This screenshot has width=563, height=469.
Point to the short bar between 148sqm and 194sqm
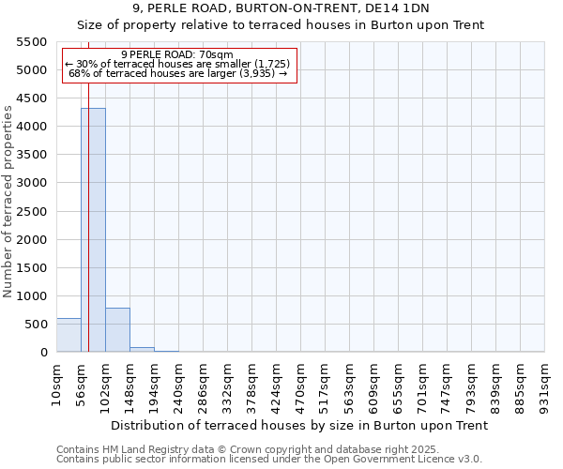pyautogui.click(x=142, y=349)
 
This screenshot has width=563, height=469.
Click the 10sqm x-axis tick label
pyautogui.click(x=56, y=383)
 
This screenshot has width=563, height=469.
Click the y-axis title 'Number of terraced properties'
pyautogui.click(x=8, y=202)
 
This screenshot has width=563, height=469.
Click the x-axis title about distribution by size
pyautogui.click(x=299, y=425)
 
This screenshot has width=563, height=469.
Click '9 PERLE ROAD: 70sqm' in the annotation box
pyautogui.click(x=177, y=55)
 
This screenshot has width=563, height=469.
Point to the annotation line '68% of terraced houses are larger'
pyautogui.click(x=177, y=73)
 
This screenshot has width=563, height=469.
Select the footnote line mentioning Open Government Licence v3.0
pyautogui.click(x=269, y=460)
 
